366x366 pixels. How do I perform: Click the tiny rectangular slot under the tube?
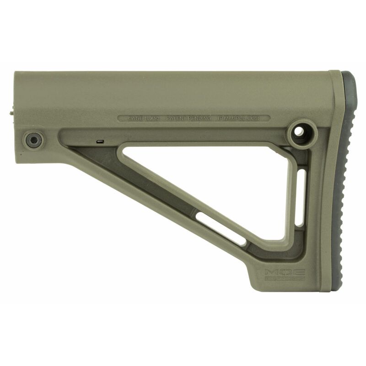tap(101, 142)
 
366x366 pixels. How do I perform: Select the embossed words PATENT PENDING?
tap(188, 118)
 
